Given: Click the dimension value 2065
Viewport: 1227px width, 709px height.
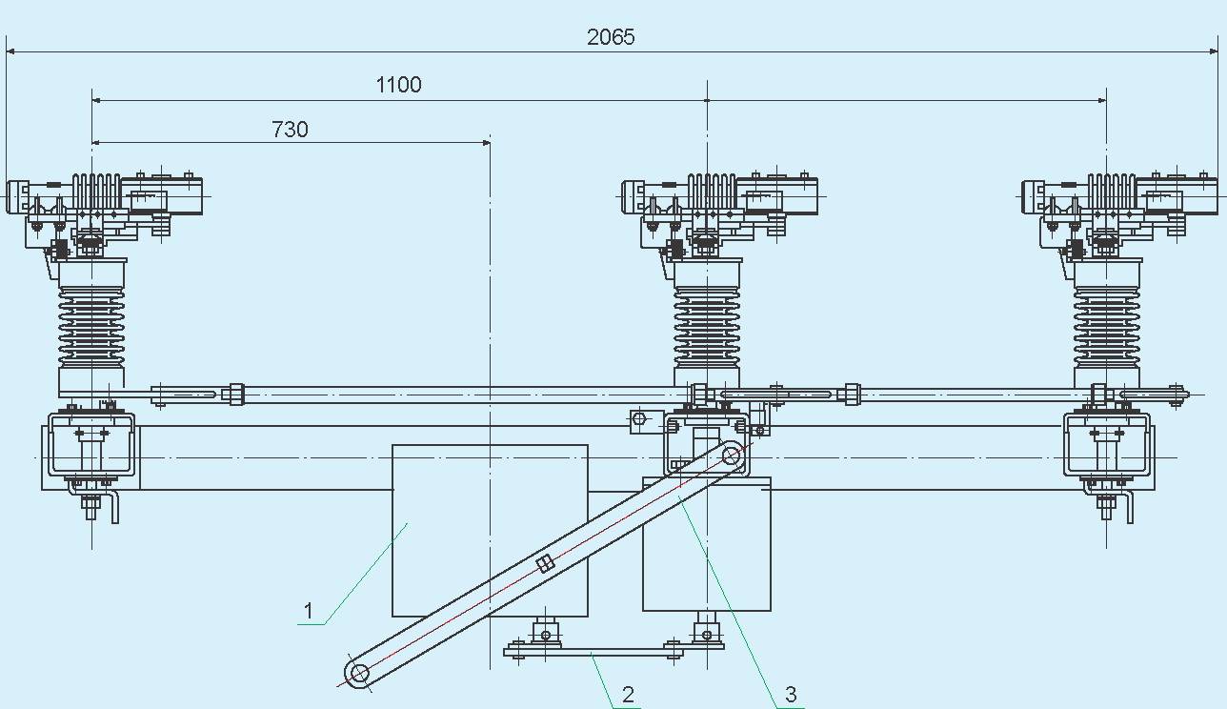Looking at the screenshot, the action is click(611, 37).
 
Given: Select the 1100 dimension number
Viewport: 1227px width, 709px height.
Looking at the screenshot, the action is click(399, 85).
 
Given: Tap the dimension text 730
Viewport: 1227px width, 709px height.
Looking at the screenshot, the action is click(290, 130).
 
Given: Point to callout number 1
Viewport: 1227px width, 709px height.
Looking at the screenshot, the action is click(309, 611).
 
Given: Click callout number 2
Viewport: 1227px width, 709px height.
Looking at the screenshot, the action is click(629, 695).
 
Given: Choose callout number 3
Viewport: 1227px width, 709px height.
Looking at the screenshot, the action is click(791, 694).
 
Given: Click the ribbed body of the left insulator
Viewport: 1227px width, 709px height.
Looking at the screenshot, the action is click(92, 326).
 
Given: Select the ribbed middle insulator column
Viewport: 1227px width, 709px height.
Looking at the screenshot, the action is click(707, 326).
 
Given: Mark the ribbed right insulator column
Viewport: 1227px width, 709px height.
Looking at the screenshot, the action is click(1107, 326).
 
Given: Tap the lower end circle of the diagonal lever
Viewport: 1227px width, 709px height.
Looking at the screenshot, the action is click(359, 672).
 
